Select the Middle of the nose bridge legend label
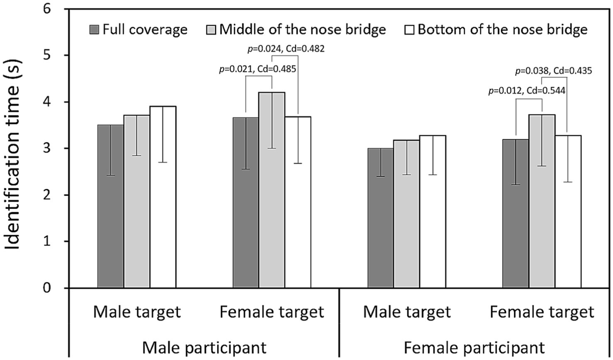coord(303,30)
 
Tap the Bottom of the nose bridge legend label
coord(502,30)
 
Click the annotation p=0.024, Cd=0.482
coord(286,49)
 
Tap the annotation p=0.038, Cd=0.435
coord(553,71)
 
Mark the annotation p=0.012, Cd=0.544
coord(526,91)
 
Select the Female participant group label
coord(474,347)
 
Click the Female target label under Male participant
coord(271,311)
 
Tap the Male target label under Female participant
coord(406,311)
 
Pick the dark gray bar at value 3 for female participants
coord(381,218)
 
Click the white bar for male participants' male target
coord(163,197)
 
